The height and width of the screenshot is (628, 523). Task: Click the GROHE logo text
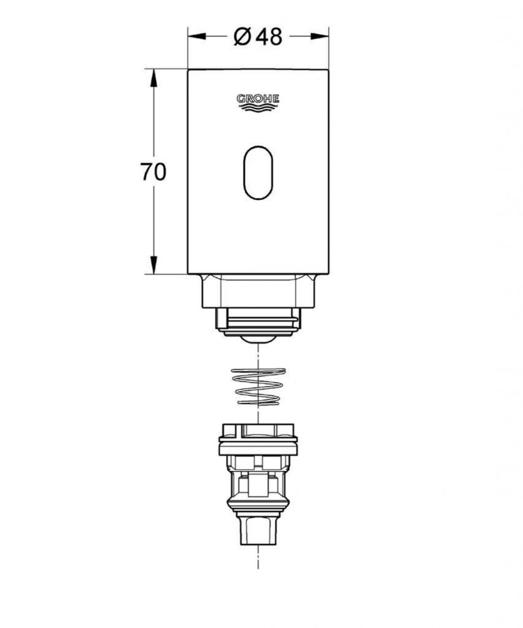[258, 99]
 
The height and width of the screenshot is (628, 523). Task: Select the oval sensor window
[258, 172]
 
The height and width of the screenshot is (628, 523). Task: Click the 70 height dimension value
[153, 172]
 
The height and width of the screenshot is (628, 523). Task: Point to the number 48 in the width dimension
[269, 37]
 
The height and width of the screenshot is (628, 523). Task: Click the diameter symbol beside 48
[243, 37]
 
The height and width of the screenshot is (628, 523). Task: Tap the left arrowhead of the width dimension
[197, 36]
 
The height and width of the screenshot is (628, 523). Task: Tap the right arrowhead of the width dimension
[320, 36]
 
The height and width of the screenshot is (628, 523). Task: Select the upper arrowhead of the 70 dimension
[153, 78]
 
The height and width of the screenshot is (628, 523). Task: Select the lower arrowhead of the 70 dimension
[153, 266]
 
